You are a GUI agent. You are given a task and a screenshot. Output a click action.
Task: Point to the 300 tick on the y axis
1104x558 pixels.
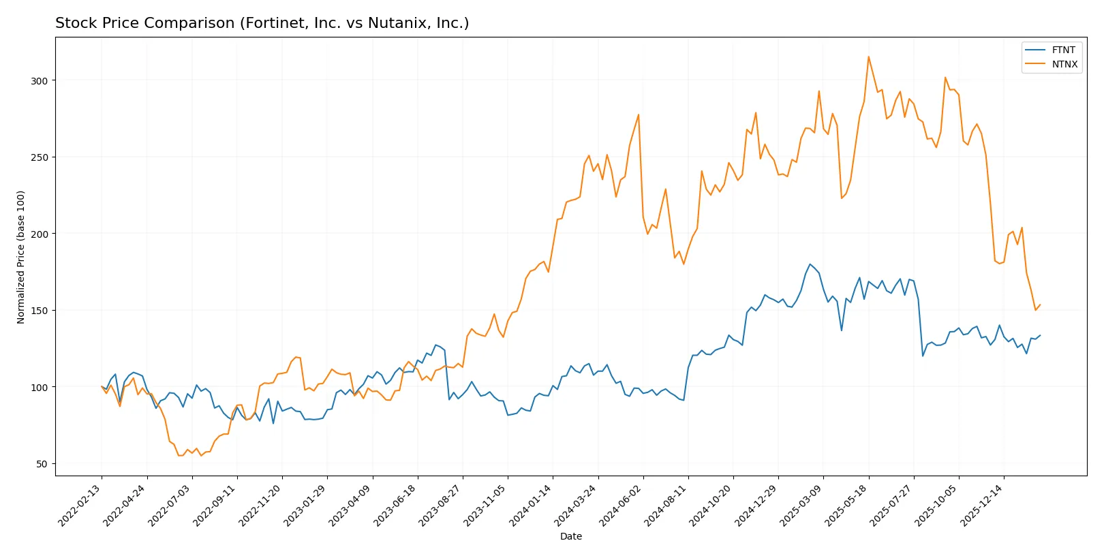point(40,80)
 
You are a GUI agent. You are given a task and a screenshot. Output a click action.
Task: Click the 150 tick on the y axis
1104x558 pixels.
point(40,311)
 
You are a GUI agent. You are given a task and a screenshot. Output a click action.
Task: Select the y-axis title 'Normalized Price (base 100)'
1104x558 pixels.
point(21,257)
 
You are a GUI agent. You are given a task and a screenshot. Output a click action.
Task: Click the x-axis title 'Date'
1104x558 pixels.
point(570,536)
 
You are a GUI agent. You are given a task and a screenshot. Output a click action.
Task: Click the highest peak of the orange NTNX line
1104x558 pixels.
point(868,57)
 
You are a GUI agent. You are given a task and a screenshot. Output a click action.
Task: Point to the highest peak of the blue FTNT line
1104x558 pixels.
point(810,264)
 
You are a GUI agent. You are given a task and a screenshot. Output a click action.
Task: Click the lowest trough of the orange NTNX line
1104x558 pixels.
point(179,455)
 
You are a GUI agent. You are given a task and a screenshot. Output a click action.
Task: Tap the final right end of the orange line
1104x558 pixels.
point(1040,305)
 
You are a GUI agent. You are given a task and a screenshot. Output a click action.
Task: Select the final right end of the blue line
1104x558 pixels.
point(1040,335)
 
